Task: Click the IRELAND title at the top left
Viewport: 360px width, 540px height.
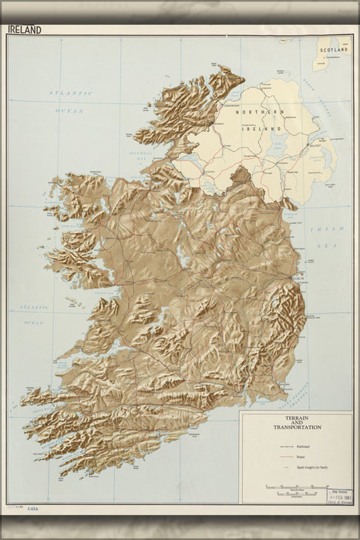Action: click(25, 30)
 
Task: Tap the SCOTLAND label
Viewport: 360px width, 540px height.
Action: click(335, 49)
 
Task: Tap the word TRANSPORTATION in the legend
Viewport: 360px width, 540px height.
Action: click(297, 427)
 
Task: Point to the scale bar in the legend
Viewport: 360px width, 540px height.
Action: click(296, 488)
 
